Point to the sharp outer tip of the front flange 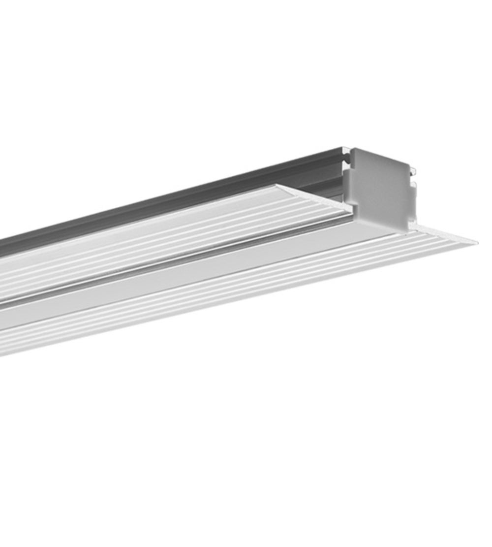point(475,242)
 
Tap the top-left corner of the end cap point(351,149)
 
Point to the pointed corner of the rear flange point(278,186)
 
